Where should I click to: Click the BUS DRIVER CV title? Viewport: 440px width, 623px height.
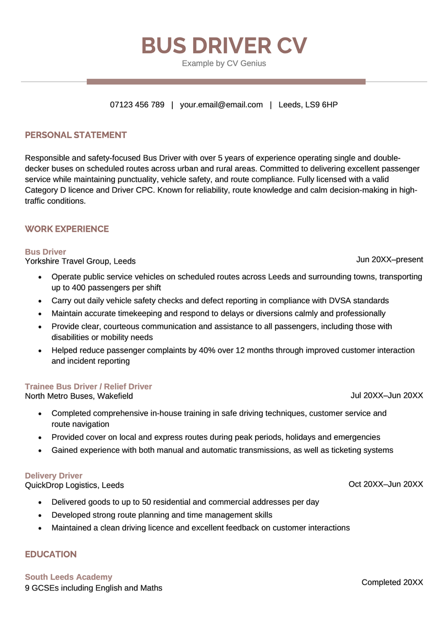(x=224, y=46)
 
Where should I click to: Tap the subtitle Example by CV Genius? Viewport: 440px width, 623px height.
(x=224, y=63)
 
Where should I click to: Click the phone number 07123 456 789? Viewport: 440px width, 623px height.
(x=137, y=105)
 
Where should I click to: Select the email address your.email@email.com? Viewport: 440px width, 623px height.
(x=221, y=105)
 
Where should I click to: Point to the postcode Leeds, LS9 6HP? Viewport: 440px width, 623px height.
(x=308, y=105)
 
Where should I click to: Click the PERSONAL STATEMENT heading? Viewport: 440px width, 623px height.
(x=76, y=135)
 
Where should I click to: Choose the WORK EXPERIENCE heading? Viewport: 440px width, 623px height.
(x=67, y=229)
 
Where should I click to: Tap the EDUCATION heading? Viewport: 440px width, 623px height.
(x=51, y=554)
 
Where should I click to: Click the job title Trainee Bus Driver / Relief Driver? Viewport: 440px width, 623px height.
(x=89, y=386)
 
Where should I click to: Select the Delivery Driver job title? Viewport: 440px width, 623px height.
(x=54, y=476)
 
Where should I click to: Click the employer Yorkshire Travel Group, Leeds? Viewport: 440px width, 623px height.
(x=80, y=261)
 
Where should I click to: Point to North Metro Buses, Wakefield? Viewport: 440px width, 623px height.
(x=79, y=396)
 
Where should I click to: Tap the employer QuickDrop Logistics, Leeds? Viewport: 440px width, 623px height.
(x=74, y=485)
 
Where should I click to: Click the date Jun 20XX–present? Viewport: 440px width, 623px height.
(x=389, y=260)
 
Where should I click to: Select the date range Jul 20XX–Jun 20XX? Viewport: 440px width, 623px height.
(x=387, y=395)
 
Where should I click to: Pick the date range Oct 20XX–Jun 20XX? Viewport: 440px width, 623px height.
(x=386, y=484)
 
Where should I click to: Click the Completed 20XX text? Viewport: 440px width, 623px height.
(x=392, y=582)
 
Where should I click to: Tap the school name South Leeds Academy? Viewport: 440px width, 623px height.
(x=69, y=577)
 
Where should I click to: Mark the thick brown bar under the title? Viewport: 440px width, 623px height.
(x=226, y=81)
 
